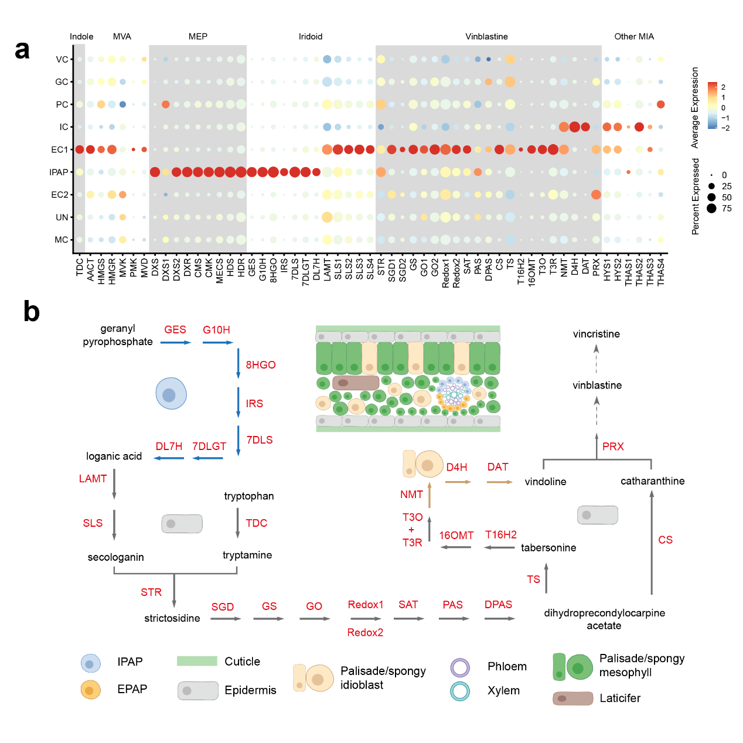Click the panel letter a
(22, 50)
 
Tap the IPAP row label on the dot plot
(59, 172)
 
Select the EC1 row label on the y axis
(59, 150)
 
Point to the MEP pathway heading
(198, 36)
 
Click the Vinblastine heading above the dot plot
(486, 36)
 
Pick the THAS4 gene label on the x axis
(661, 272)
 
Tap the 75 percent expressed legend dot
(711, 209)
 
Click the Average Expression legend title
(695, 107)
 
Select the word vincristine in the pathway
(596, 334)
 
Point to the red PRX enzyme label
(613, 447)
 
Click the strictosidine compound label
(172, 618)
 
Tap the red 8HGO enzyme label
(261, 365)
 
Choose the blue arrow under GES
(175, 342)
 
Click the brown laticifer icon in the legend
(572, 698)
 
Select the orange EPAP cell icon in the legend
(90, 690)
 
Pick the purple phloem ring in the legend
(460, 667)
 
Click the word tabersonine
(548, 548)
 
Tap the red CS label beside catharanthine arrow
(665, 540)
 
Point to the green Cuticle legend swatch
(197, 661)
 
